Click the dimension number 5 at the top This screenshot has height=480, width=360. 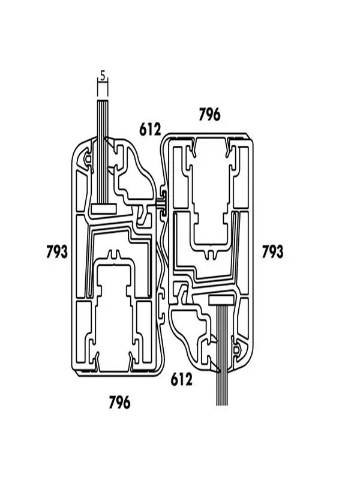[103, 76]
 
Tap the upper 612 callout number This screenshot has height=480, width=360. [150, 129]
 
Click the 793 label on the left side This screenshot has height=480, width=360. [56, 252]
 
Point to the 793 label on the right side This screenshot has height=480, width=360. [272, 252]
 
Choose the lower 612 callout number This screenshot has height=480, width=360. [181, 379]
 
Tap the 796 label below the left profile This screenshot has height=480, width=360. [119, 402]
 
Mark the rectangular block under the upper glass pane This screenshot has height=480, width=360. [104, 209]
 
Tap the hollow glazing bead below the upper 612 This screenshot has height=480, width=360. [135, 174]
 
